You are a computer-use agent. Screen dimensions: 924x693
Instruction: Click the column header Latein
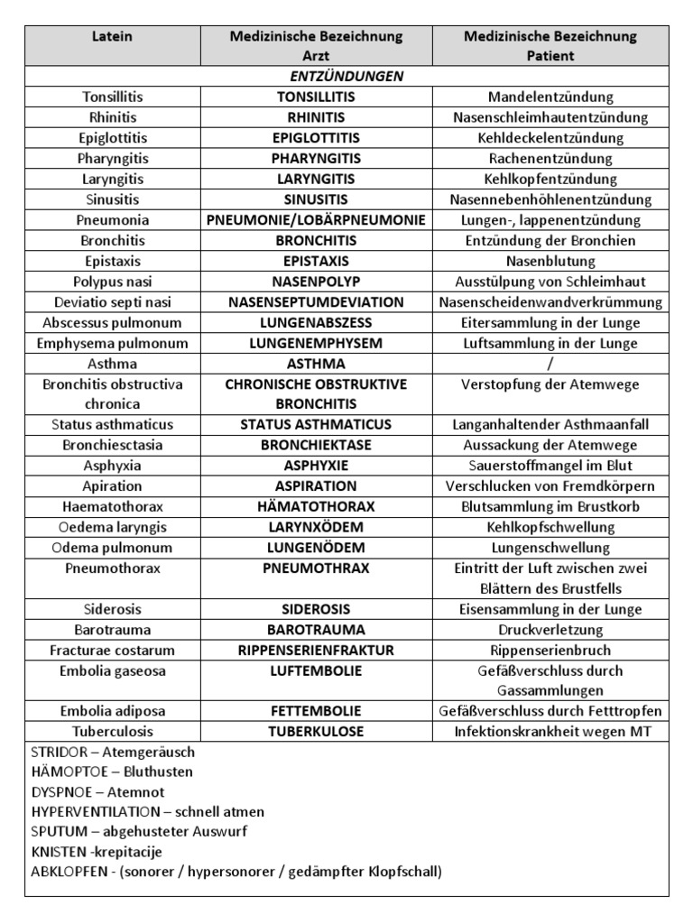click(x=113, y=36)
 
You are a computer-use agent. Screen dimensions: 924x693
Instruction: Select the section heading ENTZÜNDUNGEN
click(x=347, y=77)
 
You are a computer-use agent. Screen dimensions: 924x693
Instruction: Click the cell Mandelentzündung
click(x=550, y=97)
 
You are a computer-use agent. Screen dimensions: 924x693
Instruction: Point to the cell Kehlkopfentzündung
click(x=550, y=179)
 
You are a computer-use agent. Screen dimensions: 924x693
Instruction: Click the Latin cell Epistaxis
click(x=113, y=261)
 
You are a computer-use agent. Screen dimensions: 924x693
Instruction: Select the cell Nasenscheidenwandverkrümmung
click(x=550, y=302)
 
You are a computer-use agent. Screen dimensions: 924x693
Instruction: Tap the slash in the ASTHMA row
click(x=550, y=364)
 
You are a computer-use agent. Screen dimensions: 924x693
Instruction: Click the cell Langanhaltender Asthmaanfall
click(x=550, y=424)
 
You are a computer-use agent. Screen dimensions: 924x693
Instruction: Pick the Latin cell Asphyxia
click(x=113, y=466)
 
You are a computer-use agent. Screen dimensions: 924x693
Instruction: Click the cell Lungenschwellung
click(x=550, y=548)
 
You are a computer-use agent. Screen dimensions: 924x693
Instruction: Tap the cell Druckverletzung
click(x=550, y=630)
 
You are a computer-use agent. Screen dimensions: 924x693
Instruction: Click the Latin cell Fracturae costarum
click(x=113, y=650)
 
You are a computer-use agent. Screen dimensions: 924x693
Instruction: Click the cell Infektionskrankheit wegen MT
click(x=550, y=732)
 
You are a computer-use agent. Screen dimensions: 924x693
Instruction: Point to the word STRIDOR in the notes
click(x=58, y=752)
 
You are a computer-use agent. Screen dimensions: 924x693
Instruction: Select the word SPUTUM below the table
click(x=58, y=832)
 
